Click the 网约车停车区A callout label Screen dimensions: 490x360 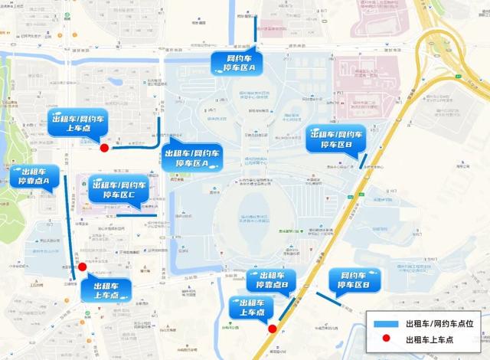click(237, 64)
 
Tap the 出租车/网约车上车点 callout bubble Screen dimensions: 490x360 click(77, 123)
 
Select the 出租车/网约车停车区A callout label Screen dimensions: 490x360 click(192, 159)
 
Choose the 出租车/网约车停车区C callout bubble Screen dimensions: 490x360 click(117, 190)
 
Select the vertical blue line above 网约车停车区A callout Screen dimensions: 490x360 click(256, 31)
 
